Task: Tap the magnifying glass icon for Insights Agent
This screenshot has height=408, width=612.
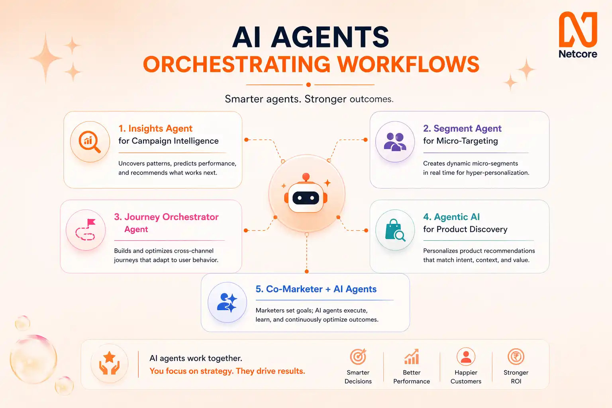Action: (90, 141)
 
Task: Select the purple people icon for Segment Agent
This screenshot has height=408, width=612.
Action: (395, 141)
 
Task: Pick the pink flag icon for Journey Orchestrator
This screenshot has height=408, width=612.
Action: (86, 230)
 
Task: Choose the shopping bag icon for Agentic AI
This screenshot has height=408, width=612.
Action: (395, 230)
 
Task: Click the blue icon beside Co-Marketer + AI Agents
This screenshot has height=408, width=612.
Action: (227, 302)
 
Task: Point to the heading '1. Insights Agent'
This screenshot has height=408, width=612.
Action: (155, 128)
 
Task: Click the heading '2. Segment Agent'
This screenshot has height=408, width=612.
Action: (462, 128)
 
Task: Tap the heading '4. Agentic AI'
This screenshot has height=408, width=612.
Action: (451, 217)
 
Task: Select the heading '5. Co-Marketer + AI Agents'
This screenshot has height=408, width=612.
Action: (316, 289)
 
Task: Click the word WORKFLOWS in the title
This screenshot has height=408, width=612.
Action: (408, 64)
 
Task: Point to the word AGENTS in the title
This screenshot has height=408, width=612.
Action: (331, 37)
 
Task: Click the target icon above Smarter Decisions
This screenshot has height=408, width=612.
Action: (358, 357)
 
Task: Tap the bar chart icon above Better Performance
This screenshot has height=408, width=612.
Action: (412, 357)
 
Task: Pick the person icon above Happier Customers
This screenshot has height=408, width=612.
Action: (466, 357)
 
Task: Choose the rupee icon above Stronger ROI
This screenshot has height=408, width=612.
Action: (516, 357)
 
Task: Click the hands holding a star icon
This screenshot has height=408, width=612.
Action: (109, 363)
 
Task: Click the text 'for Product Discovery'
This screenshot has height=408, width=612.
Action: (465, 229)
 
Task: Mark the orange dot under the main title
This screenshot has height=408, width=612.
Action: (308, 84)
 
